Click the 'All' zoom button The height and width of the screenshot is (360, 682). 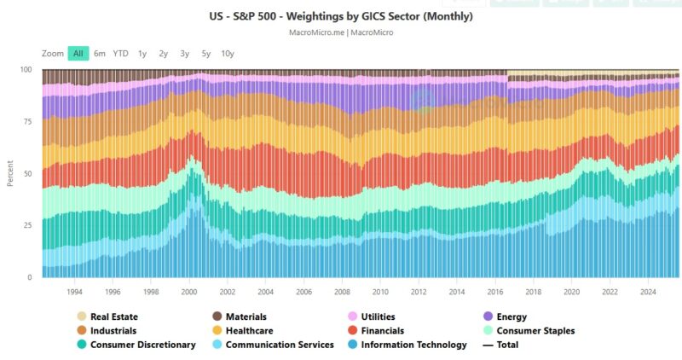point(78,53)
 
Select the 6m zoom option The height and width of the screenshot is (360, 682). point(100,53)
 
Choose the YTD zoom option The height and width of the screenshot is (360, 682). point(121,53)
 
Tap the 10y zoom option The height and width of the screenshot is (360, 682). point(228,53)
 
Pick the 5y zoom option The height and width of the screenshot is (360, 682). point(206,53)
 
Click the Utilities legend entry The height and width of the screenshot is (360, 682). point(384,316)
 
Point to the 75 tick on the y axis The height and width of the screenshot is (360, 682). point(26,121)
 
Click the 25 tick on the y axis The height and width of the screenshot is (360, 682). point(26,225)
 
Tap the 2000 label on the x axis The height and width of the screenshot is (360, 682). point(190,291)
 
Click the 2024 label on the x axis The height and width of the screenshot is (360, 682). point(650,291)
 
